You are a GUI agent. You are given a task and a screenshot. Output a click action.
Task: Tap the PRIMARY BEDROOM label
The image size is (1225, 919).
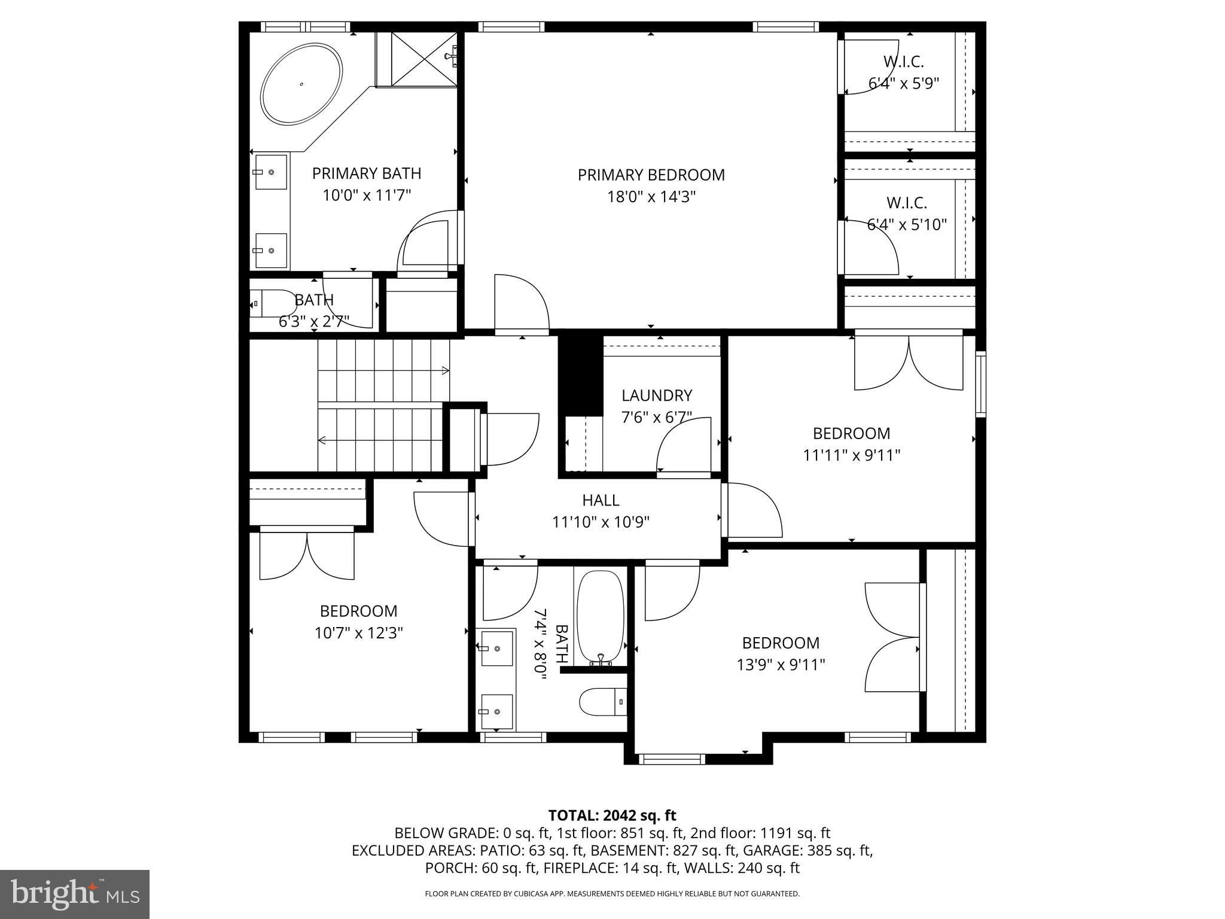(x=651, y=175)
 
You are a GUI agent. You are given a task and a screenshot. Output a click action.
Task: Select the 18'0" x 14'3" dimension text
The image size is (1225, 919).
(x=651, y=197)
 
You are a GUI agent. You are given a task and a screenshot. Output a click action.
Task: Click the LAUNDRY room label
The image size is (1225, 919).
(x=656, y=395)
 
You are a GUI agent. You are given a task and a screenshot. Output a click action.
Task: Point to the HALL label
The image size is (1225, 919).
(x=601, y=500)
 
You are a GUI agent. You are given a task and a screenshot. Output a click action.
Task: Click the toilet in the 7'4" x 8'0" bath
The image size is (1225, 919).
(x=602, y=701)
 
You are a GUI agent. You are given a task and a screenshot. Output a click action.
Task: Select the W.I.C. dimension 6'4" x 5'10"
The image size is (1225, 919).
(x=907, y=225)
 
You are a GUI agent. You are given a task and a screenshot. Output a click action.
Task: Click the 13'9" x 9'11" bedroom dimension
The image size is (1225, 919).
(x=781, y=665)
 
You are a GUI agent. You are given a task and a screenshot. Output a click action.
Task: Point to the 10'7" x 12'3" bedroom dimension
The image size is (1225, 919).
(x=358, y=633)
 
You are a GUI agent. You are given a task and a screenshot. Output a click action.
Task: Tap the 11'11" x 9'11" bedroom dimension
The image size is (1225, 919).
(x=851, y=455)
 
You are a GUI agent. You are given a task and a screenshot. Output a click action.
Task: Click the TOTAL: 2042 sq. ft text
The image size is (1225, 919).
(x=612, y=815)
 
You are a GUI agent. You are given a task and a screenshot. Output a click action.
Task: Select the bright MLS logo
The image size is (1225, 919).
(x=74, y=894)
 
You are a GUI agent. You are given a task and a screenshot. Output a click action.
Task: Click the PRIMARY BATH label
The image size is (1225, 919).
(x=366, y=174)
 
